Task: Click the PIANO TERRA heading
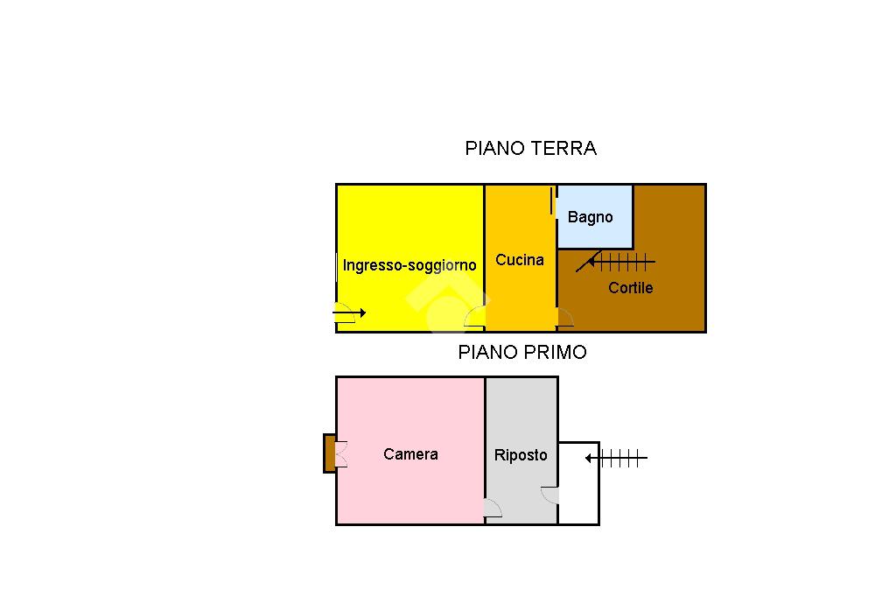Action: tap(530, 149)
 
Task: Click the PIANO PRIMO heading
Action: tap(522, 352)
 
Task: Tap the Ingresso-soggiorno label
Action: tap(409, 265)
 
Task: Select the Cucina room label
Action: tap(520, 260)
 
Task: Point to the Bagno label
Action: tap(591, 217)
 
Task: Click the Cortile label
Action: tap(630, 288)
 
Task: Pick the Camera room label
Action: tap(411, 454)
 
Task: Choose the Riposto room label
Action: tap(521, 455)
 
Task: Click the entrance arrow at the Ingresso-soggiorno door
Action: tap(349, 313)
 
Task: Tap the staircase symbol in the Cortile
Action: tap(616, 263)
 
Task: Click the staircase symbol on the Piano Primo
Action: tap(617, 458)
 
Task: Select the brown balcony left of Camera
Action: tap(330, 453)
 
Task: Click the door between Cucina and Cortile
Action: tap(564, 318)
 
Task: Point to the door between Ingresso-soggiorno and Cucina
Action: tap(475, 317)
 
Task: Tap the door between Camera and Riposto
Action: tap(493, 509)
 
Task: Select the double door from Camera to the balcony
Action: tap(341, 454)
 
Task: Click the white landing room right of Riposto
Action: tap(578, 483)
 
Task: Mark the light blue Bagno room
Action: tap(595, 217)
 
